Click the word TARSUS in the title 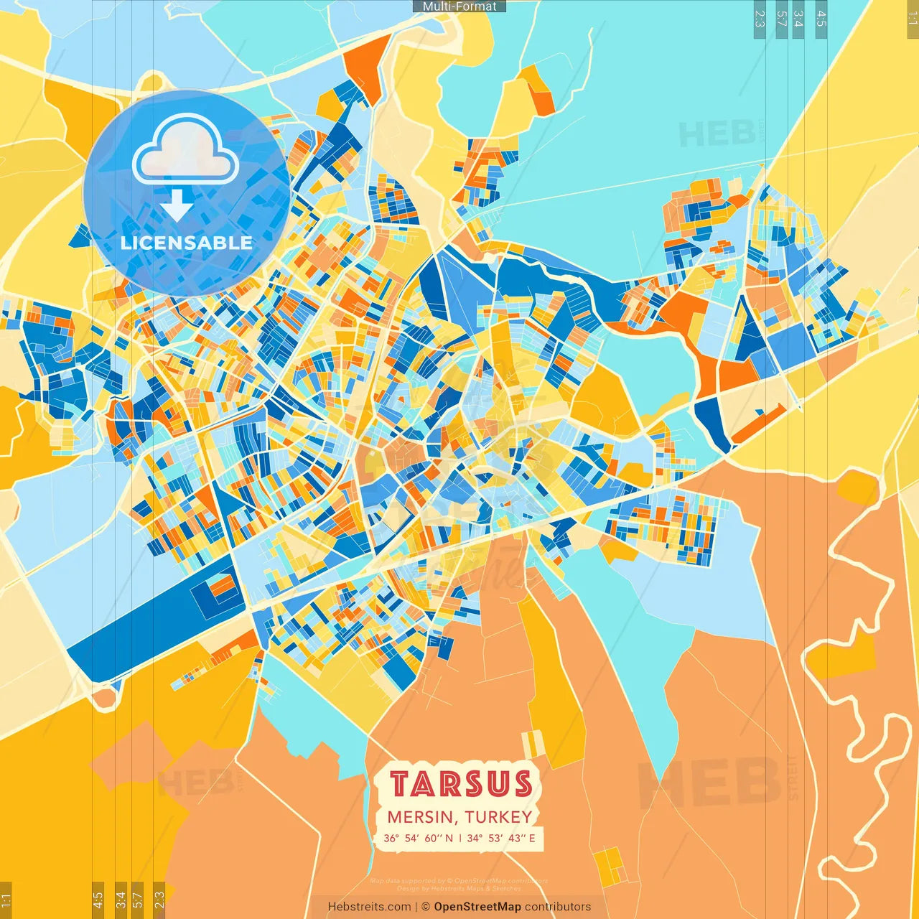[461, 784]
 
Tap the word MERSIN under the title [421, 817]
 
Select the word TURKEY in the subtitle [498, 817]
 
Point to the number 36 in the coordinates [391, 838]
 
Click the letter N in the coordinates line [449, 838]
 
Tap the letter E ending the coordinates [532, 838]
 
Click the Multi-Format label [459, 6]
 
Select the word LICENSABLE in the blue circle [187, 243]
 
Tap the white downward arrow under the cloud [177, 205]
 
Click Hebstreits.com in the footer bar [369, 907]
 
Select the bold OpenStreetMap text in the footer [477, 907]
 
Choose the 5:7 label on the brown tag [138, 899]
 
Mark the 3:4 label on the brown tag [121, 899]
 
